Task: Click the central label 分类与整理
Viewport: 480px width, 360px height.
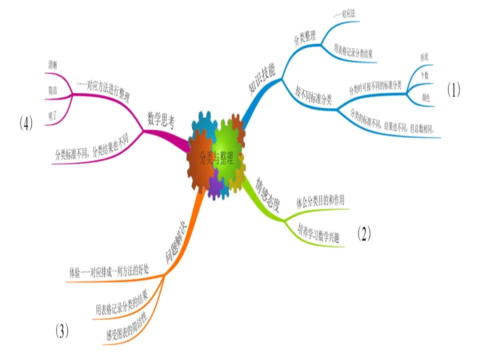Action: tap(215, 158)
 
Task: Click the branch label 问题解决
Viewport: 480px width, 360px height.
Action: tap(176, 242)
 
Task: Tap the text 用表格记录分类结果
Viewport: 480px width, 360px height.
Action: tap(352, 50)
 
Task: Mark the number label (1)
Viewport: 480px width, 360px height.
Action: tap(453, 89)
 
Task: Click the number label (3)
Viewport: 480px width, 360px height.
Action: tap(61, 331)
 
